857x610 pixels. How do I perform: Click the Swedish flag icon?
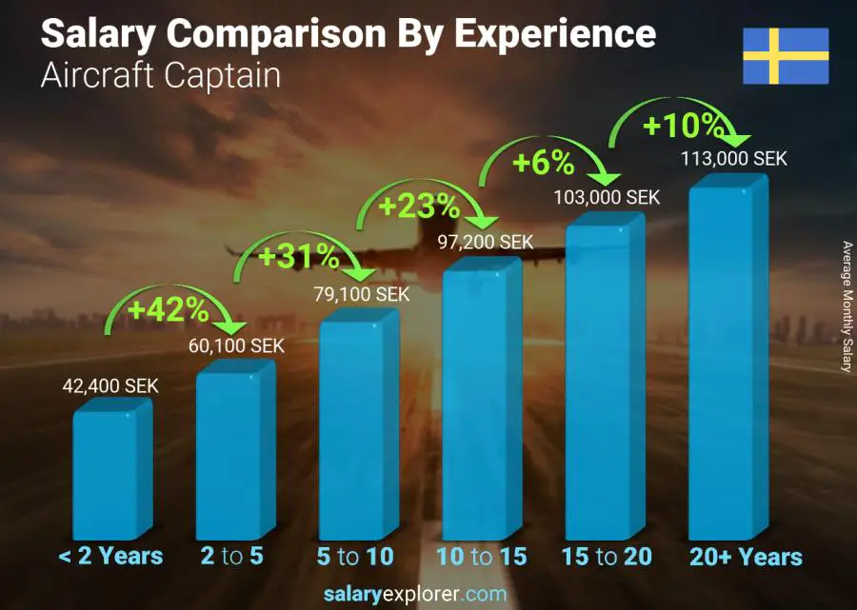[786, 56]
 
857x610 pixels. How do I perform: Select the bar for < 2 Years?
[111, 471]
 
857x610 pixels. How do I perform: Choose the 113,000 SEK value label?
[733, 159]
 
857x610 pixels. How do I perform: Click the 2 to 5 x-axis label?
[232, 557]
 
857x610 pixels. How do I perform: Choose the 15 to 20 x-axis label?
[606, 557]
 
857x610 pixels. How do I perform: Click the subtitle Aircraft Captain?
[161, 76]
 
